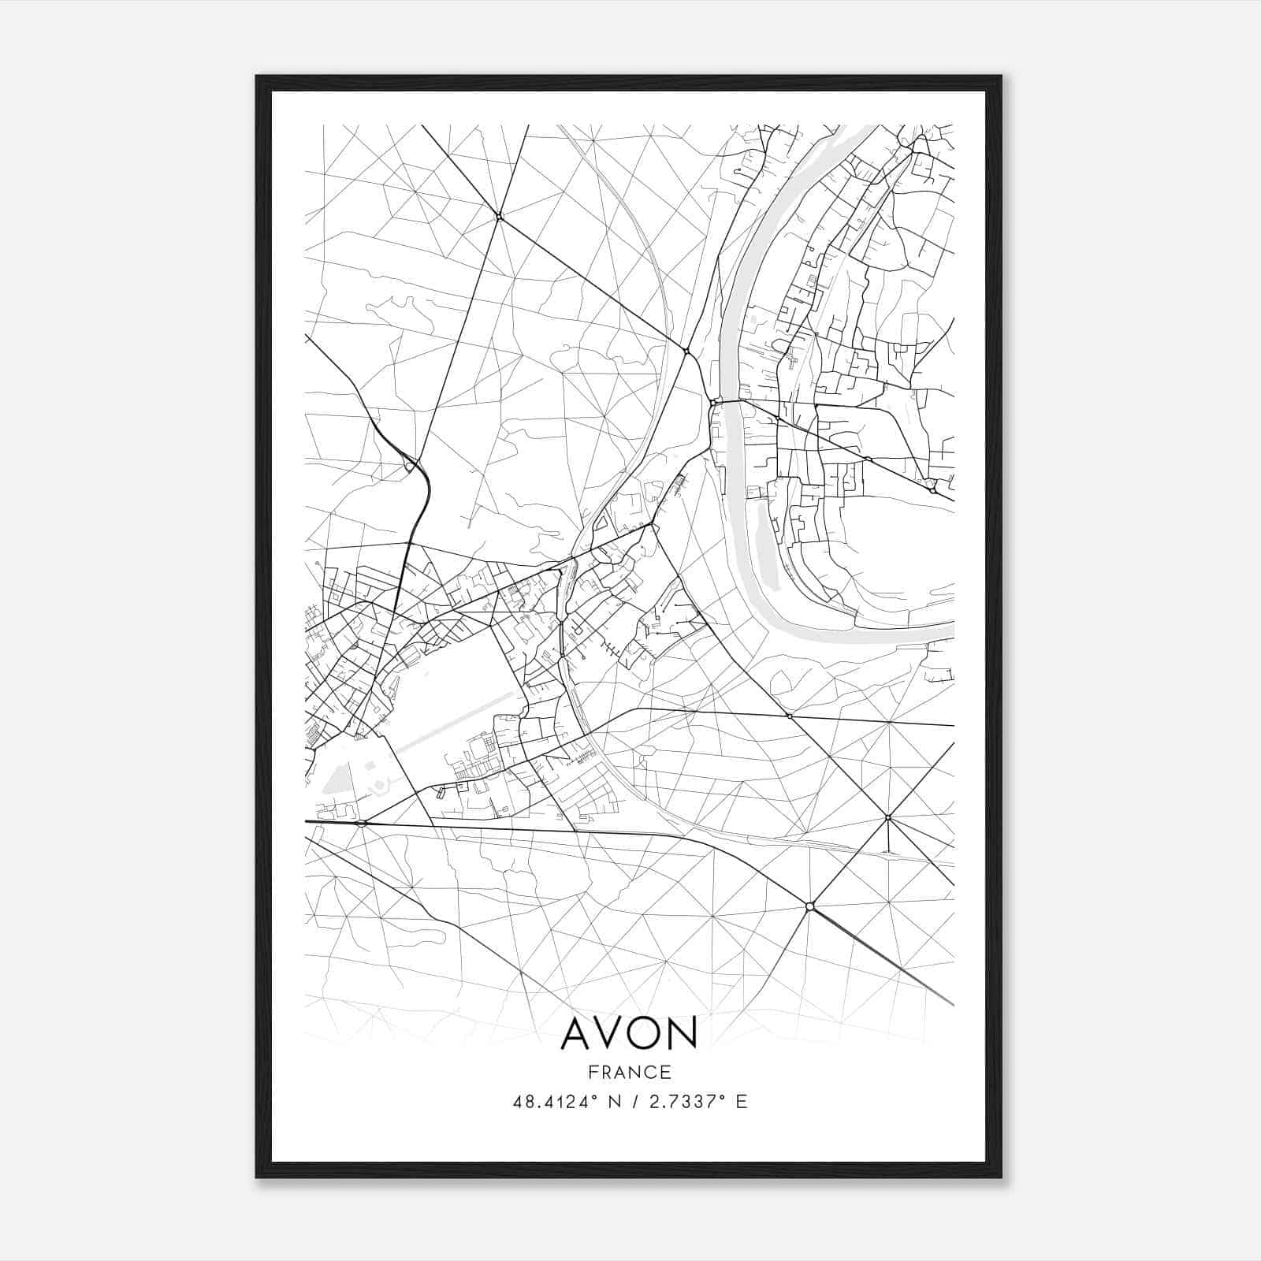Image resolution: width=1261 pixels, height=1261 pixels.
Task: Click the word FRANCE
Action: (630, 1072)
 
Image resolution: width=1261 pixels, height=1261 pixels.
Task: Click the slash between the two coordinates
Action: (635, 1102)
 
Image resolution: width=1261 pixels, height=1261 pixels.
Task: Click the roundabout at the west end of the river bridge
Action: (714, 403)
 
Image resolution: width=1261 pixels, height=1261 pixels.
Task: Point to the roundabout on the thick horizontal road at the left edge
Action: (361, 824)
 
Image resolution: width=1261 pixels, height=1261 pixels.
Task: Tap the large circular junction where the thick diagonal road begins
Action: (809, 907)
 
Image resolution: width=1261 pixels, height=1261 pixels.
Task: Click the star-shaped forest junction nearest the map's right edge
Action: (888, 817)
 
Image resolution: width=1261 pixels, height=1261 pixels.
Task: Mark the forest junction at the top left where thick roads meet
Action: (499, 215)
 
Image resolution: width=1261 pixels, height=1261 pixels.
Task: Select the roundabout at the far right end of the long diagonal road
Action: (932, 490)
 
